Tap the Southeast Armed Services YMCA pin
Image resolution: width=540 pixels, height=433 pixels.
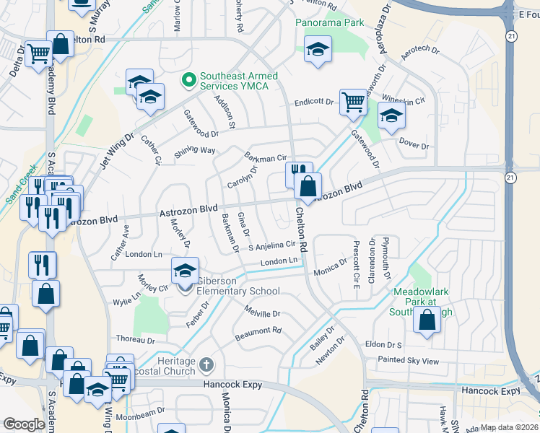point(189,79)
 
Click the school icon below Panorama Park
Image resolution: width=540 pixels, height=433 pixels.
point(318,50)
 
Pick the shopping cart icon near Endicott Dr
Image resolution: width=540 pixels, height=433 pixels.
point(353,102)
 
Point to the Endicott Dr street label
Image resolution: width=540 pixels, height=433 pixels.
point(313,102)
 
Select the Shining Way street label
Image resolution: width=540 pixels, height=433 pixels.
point(195,151)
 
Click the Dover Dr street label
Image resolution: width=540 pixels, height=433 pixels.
point(414,146)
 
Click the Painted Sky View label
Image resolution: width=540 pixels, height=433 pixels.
point(408,360)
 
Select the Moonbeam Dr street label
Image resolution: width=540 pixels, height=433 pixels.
point(140,417)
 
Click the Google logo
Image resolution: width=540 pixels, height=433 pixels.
point(24,424)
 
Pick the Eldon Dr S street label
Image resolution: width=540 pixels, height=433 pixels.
point(383,345)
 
